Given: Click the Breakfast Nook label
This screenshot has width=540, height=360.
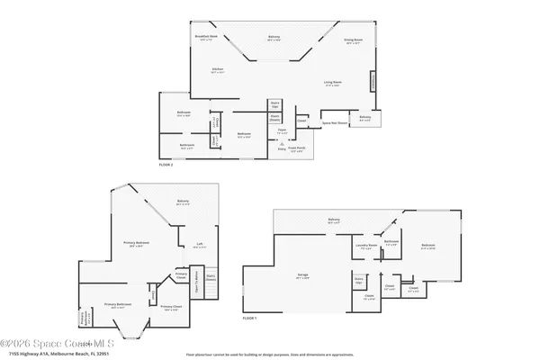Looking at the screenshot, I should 206,38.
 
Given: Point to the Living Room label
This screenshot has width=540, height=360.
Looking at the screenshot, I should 333,84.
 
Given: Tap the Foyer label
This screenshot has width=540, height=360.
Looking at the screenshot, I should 282,131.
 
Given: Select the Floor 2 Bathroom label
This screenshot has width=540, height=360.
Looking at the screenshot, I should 186,145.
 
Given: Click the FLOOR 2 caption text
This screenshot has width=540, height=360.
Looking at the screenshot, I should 166,166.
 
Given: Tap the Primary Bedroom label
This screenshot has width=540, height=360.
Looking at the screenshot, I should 137,244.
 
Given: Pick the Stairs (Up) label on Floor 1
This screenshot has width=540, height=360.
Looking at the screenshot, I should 358,280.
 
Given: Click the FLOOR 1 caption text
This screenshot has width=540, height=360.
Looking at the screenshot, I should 249,319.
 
